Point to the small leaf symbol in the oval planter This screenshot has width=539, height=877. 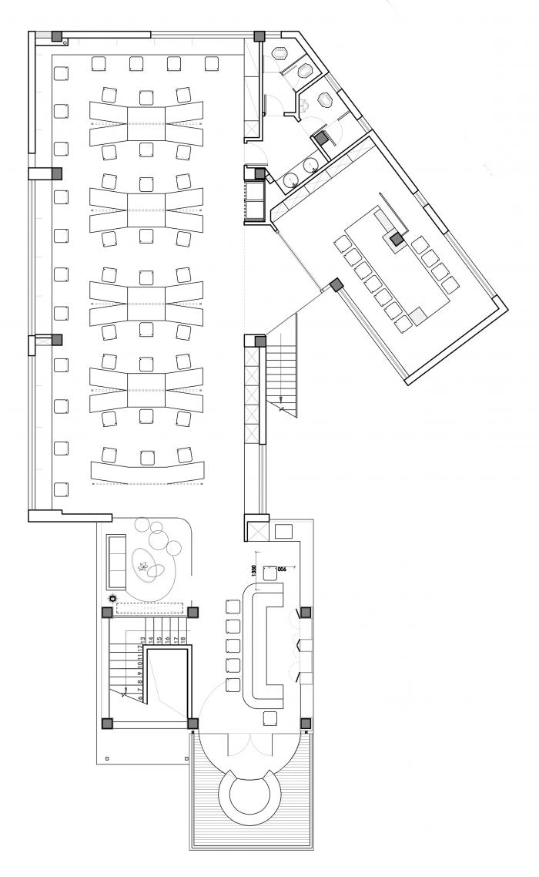pyautogui.click(x=142, y=567)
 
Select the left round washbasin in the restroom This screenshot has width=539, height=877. pyautogui.click(x=290, y=179)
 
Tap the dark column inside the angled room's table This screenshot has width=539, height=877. pyautogui.click(x=396, y=240)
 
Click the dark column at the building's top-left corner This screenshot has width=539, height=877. pyautogui.click(x=57, y=36)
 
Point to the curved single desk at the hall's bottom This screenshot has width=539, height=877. pyautogui.click(x=149, y=470)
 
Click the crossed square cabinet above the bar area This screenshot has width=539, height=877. pyautogui.click(x=255, y=530)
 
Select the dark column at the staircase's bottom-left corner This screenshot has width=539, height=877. pyautogui.click(x=107, y=723)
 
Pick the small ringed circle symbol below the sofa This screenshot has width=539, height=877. pyautogui.click(x=113, y=598)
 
